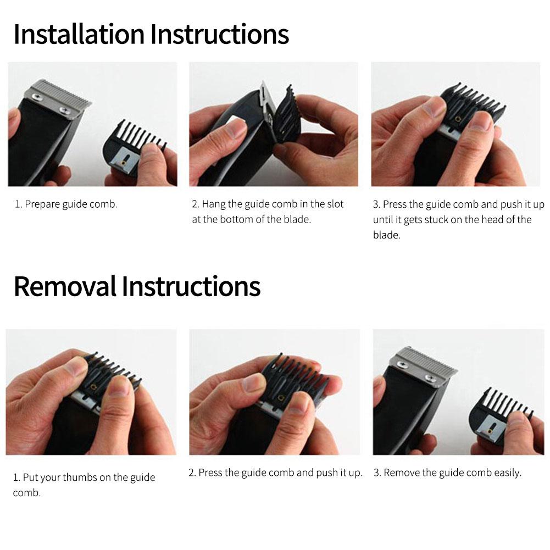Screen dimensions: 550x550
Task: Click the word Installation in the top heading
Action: click(x=79, y=34)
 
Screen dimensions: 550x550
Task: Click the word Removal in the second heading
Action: click(x=65, y=286)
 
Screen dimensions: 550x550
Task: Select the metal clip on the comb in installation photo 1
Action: click(x=124, y=159)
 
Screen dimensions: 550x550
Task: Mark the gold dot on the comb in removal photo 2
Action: click(x=281, y=397)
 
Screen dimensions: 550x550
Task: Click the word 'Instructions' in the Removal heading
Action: click(x=191, y=286)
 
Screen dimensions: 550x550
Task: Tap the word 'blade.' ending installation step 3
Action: click(x=387, y=235)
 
